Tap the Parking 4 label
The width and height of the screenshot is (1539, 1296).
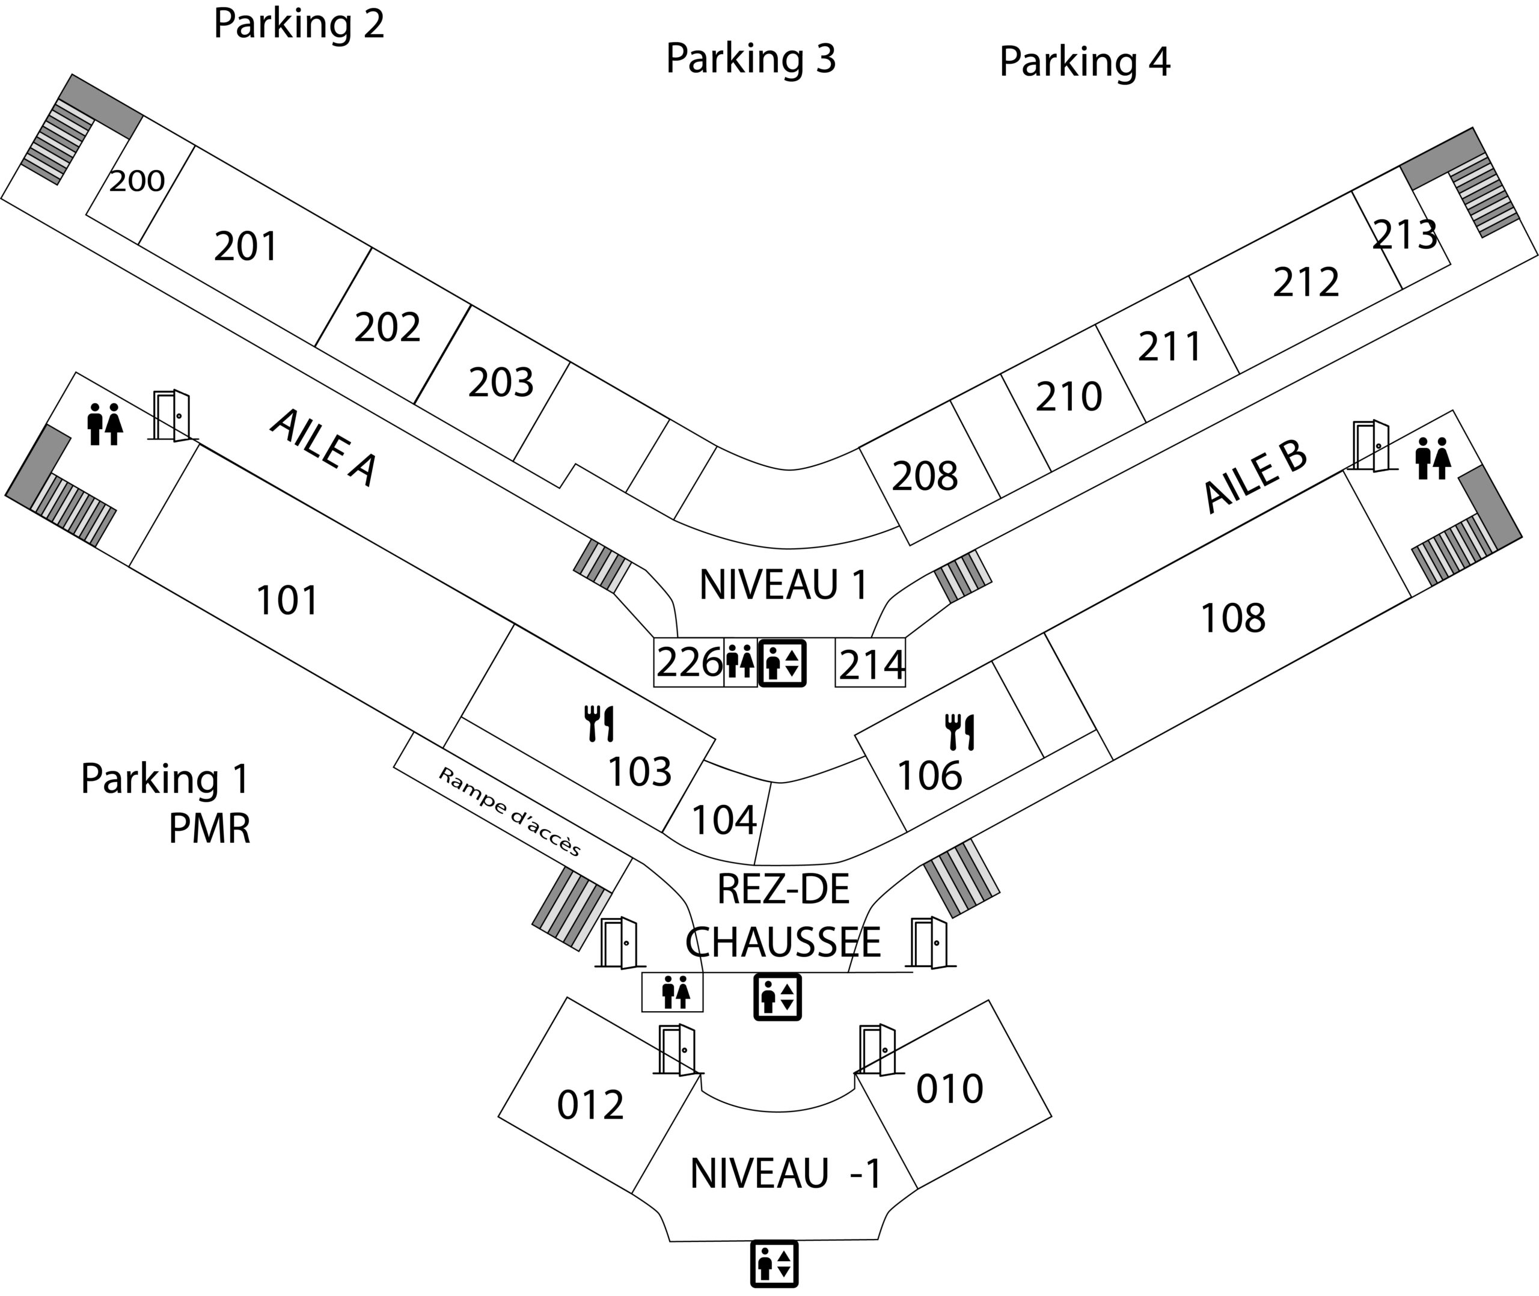point(1085,63)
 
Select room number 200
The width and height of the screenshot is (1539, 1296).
point(138,181)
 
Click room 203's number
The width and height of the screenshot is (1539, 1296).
point(501,383)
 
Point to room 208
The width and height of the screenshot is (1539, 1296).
point(925,476)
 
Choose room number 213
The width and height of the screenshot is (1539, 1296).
point(1404,235)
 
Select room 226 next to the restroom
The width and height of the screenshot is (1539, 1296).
point(689,662)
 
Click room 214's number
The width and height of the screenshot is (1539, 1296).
point(871,665)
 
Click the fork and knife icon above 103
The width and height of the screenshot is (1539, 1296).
point(599,723)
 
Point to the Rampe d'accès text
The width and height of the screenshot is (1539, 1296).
point(509,812)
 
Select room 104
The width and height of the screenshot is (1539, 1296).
point(724,820)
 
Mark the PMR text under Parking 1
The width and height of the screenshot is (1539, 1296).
point(209,829)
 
